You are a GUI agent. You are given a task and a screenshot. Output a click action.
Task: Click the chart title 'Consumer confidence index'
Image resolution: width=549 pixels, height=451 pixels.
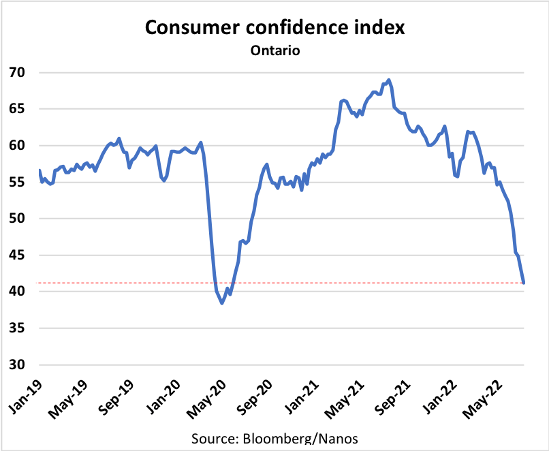coord(274,28)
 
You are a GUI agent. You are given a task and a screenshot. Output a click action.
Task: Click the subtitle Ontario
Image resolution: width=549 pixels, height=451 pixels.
coord(274,50)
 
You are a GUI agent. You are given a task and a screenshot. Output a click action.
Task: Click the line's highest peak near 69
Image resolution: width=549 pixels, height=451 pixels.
coord(388,80)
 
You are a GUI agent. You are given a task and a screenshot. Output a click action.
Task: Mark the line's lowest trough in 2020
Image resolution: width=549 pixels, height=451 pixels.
coord(222,303)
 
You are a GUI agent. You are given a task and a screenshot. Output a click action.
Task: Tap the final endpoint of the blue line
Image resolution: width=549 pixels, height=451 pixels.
coord(524,282)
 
